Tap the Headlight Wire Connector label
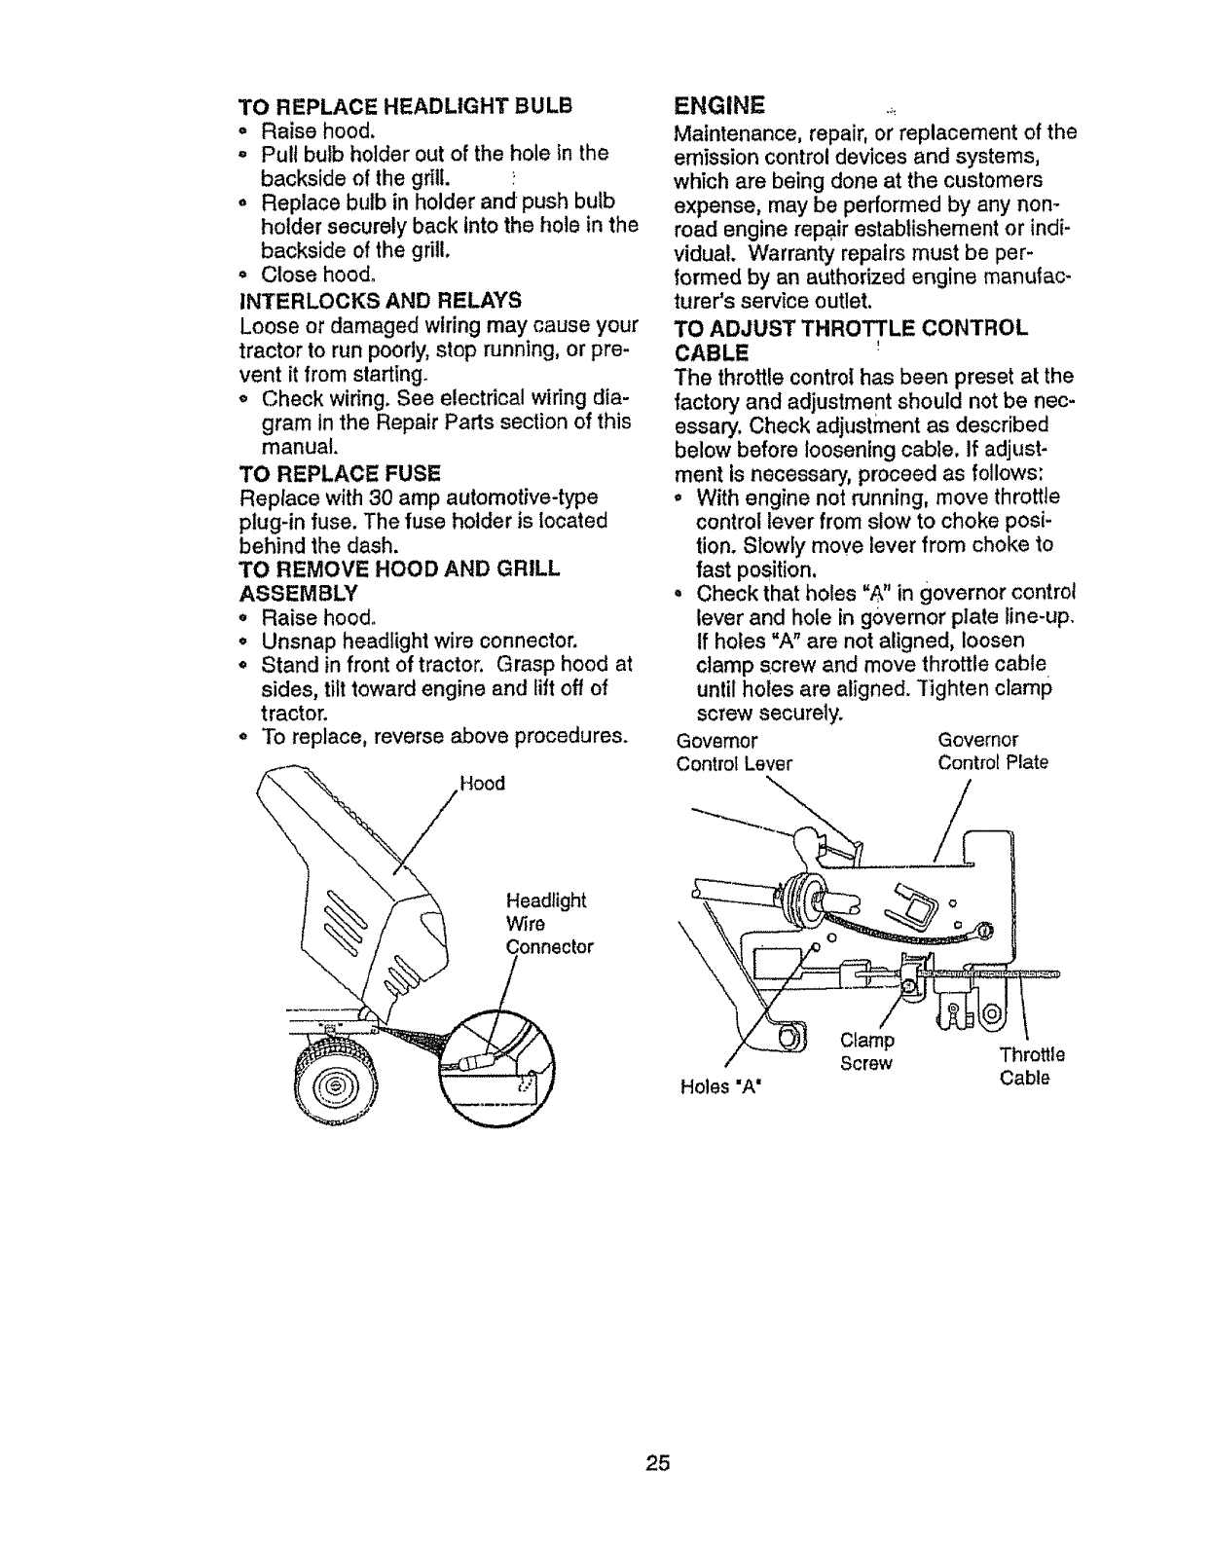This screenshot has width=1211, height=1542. [x=548, y=923]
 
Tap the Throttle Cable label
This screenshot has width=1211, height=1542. [x=1031, y=1066]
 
